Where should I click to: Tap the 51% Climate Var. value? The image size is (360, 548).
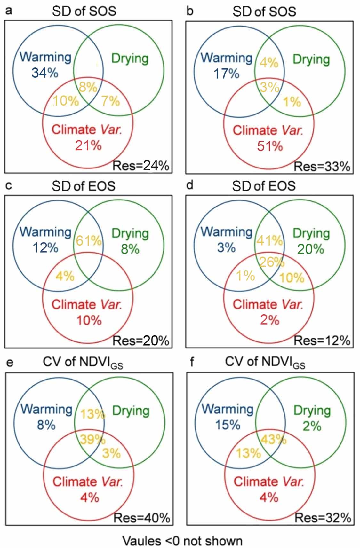270,146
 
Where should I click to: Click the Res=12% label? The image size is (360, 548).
322,341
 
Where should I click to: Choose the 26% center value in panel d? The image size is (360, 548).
271,262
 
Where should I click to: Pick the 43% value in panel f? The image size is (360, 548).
273,439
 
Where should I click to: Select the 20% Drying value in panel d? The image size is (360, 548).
310,249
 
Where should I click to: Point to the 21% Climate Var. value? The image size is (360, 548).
88,146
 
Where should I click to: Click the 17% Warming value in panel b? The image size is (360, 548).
226,74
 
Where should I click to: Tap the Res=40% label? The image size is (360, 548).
142,518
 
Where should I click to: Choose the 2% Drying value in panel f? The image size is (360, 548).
312,426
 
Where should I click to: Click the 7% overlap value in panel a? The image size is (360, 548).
110,101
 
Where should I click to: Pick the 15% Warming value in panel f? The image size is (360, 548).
228,425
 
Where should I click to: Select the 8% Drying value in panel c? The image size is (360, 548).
130,248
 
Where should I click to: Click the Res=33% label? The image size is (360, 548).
322,167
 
